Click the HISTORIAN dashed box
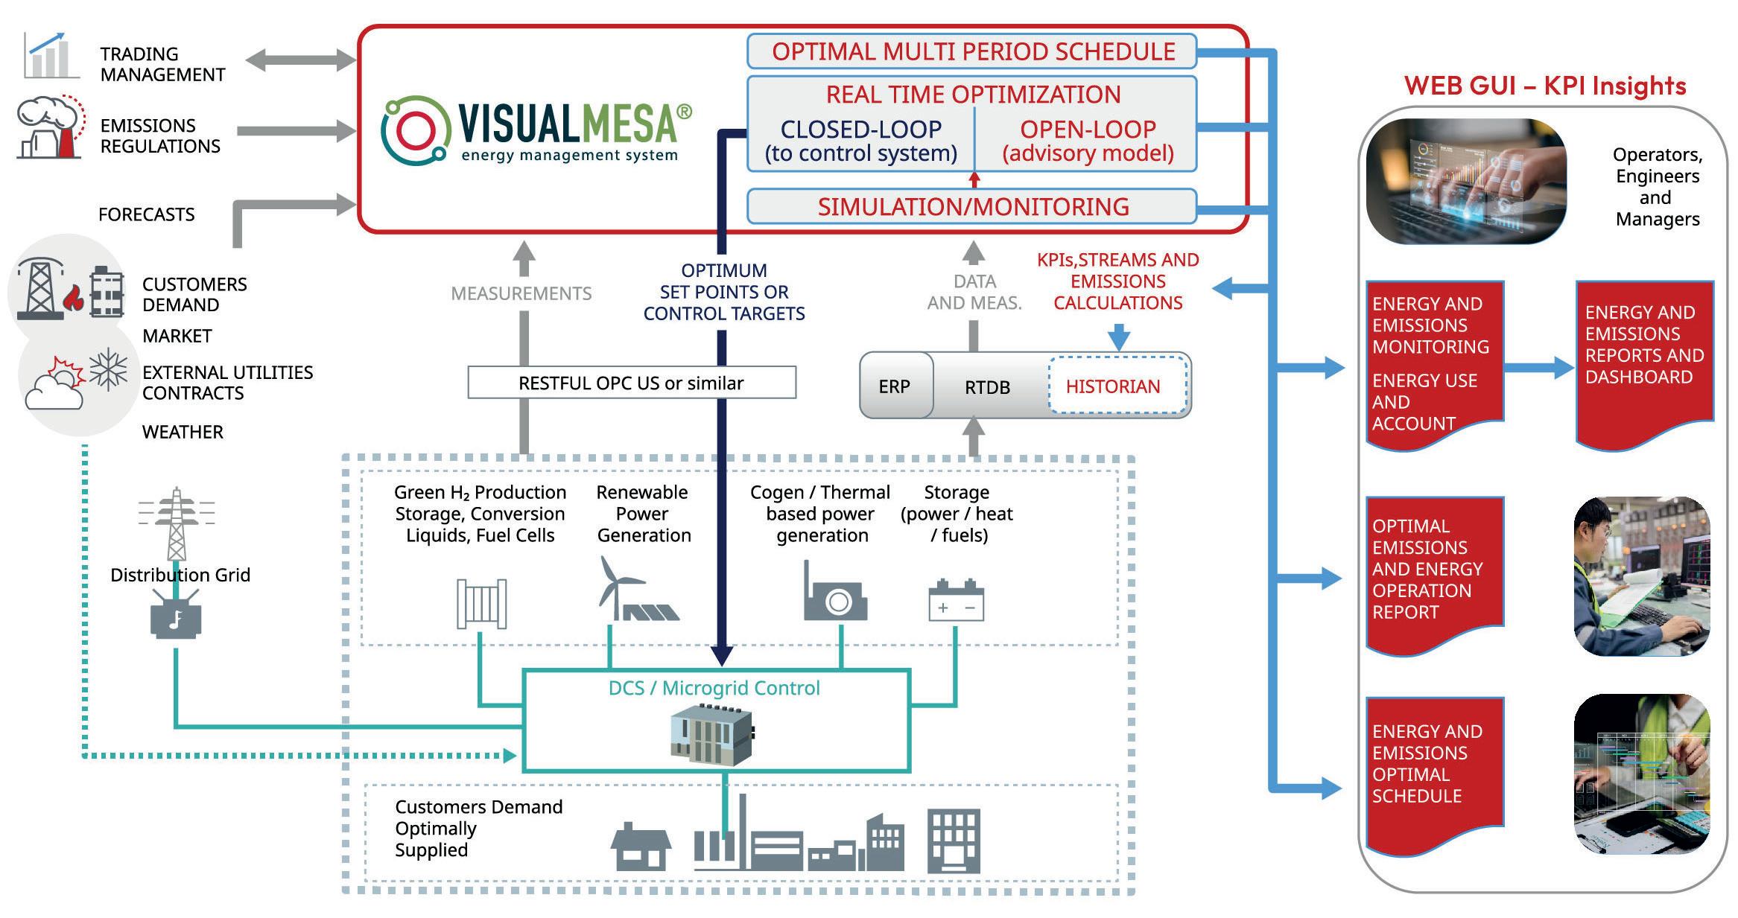pos(1116,386)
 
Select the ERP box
pos(895,386)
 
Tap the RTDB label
pos(987,387)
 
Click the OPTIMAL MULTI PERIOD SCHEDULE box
pos(971,51)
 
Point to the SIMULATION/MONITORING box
pos(971,206)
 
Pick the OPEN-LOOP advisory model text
pos(1087,140)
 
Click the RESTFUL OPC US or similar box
pos(631,383)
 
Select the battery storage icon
pos(956,600)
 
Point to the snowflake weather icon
pos(109,369)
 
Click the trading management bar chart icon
pos(49,55)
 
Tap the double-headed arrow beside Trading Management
pos(300,60)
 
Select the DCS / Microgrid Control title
pos(714,688)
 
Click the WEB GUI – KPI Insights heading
pos(1544,86)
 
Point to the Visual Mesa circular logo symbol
pos(414,130)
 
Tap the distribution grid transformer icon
pos(176,617)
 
